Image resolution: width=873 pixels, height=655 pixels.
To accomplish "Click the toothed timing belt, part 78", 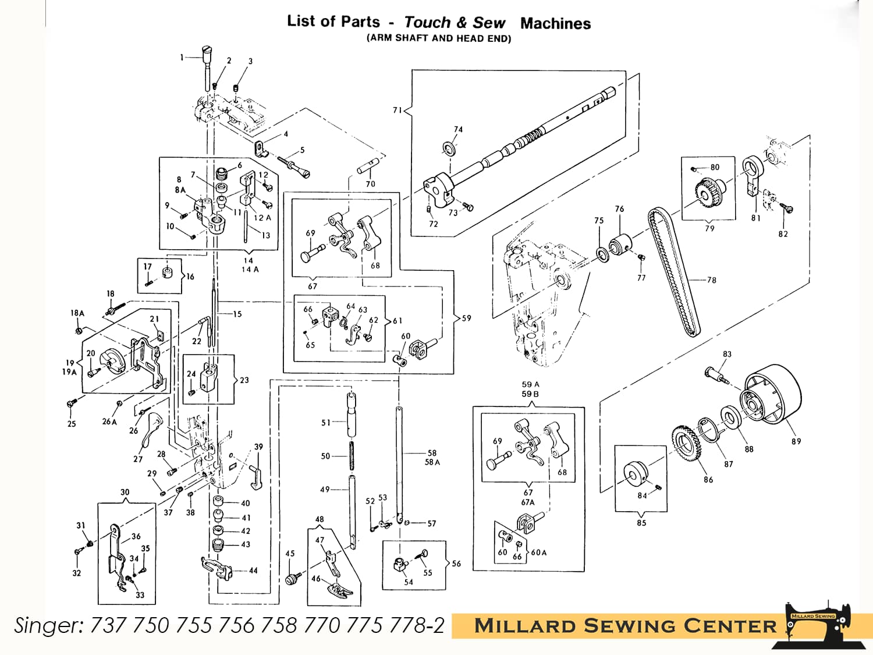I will coord(672,274).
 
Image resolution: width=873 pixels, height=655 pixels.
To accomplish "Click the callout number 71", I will coord(398,110).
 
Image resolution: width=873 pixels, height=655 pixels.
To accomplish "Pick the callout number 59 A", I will coord(530,384).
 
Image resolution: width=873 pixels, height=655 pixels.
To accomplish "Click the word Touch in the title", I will coord(427,23).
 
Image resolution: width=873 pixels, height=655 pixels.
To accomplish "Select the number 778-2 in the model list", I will coord(420,625).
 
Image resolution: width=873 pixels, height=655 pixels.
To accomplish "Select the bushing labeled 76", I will coord(619,243).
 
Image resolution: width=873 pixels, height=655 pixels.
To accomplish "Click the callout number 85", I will coord(641,523).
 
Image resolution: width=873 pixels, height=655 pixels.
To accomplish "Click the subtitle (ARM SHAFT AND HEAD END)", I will coord(439,38).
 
